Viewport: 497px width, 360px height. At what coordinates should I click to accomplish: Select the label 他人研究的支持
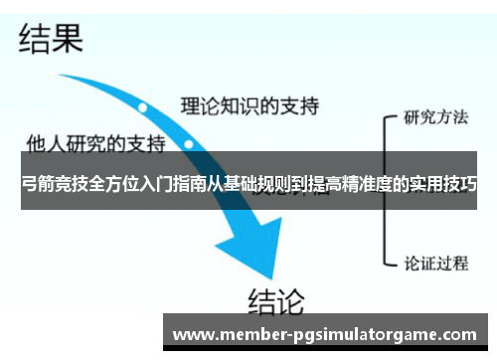[96, 142]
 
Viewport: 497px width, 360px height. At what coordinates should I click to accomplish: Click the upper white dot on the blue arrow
[143, 106]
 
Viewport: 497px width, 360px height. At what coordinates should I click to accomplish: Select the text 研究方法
[435, 116]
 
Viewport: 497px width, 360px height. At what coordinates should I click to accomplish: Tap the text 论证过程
[435, 264]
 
